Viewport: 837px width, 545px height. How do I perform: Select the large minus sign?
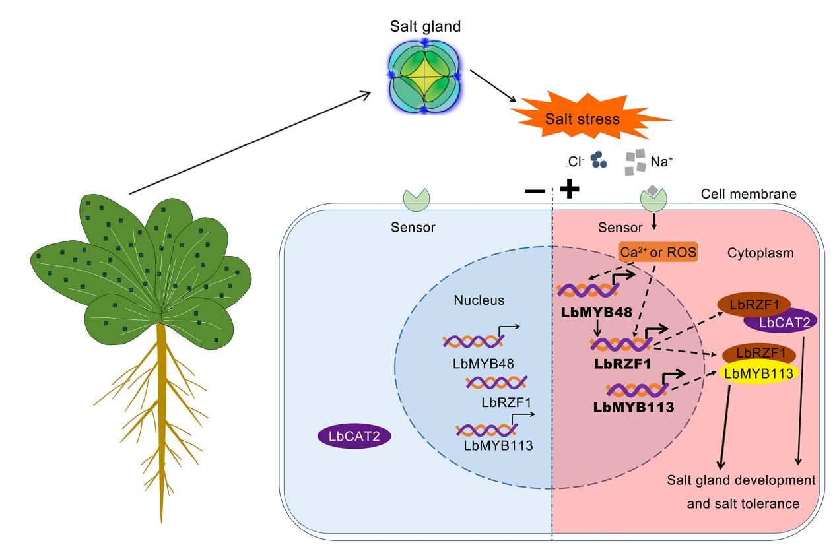(x=535, y=190)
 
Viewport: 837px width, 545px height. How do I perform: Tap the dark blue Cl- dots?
(x=599, y=158)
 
